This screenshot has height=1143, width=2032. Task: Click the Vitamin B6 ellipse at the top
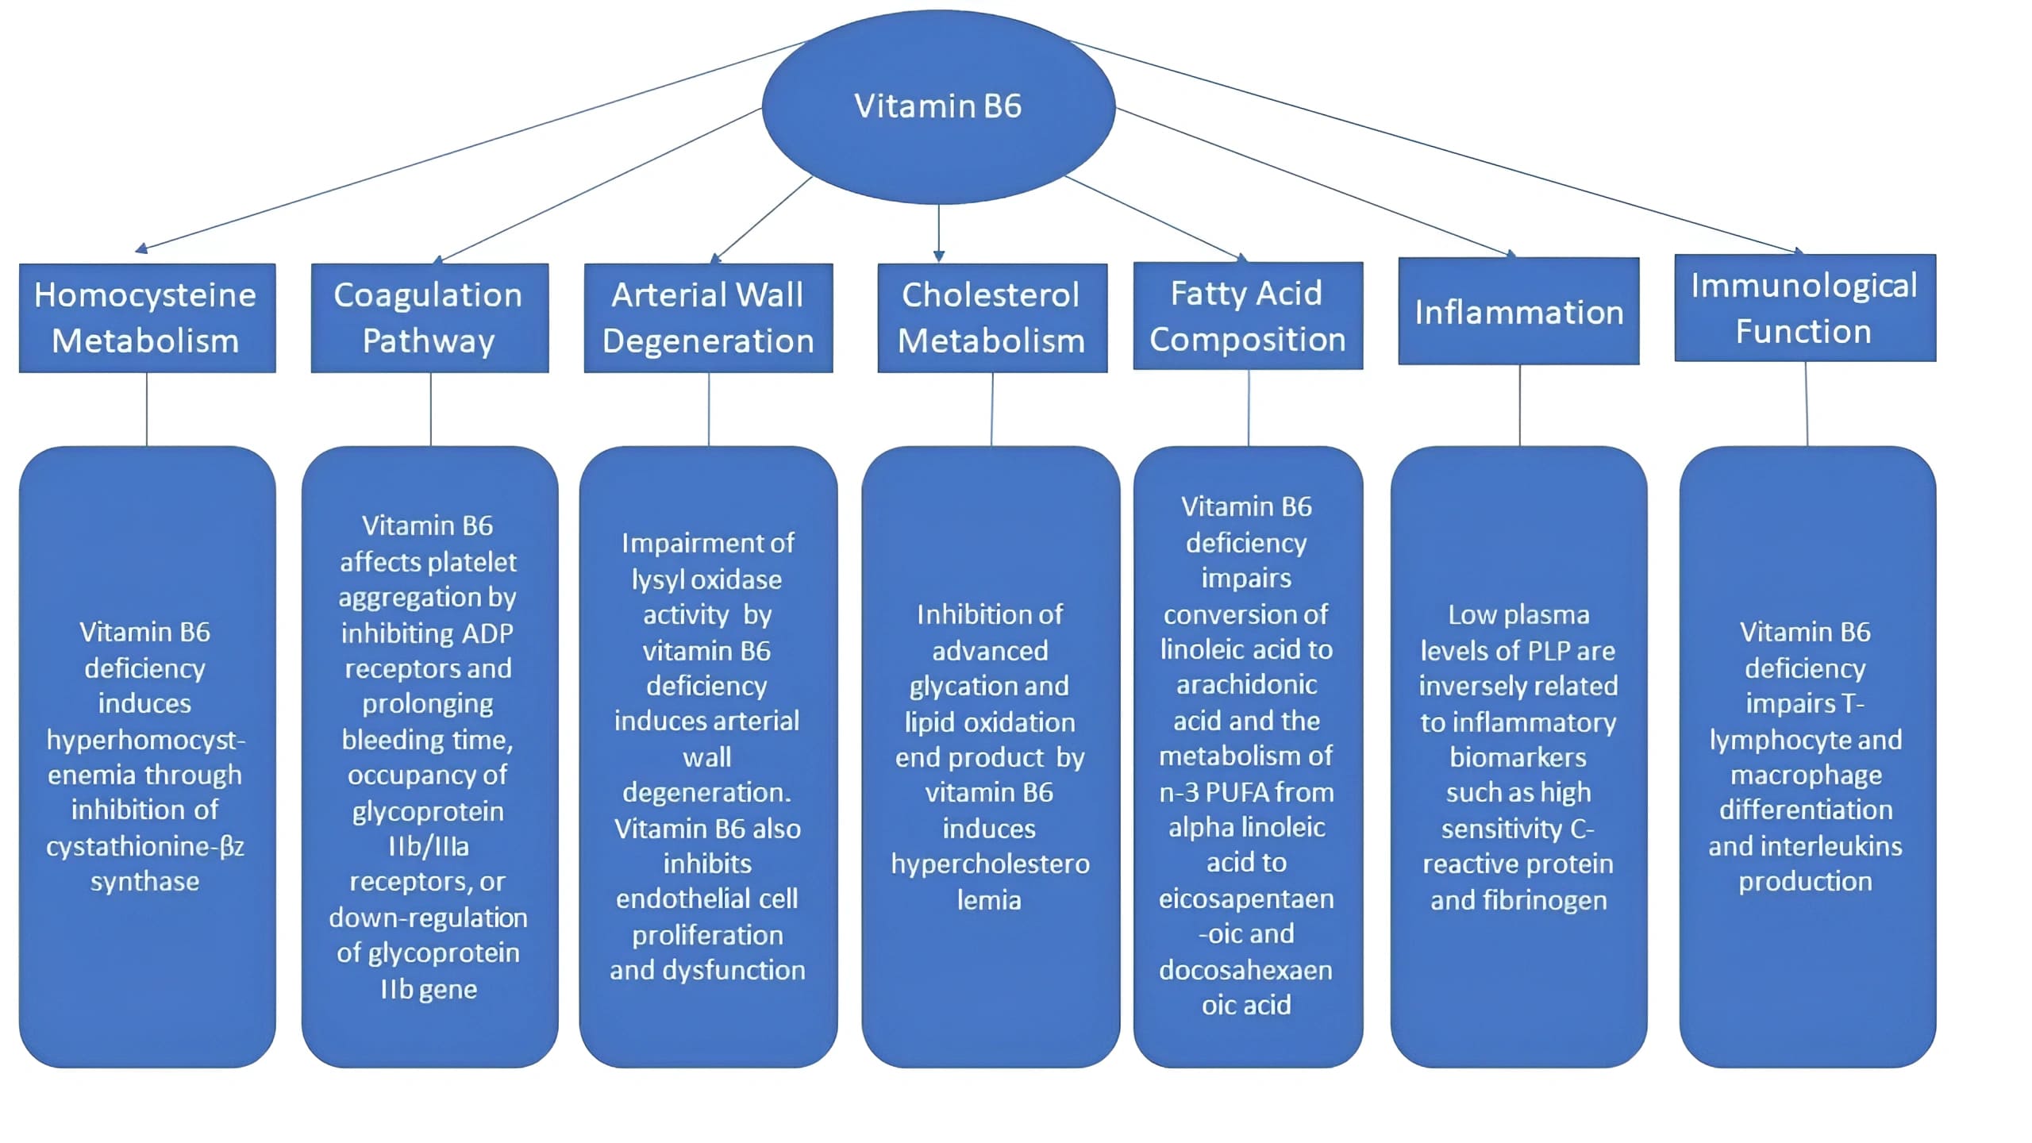tap(938, 106)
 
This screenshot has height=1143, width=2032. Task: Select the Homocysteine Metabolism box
tap(147, 317)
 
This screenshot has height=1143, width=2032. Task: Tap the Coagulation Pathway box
tap(429, 317)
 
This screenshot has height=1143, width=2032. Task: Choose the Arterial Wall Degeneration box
tap(708, 317)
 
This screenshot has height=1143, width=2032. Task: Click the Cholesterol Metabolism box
tap(991, 317)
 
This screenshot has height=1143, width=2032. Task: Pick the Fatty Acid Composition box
tap(1248, 316)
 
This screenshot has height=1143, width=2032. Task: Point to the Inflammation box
tap(1518, 311)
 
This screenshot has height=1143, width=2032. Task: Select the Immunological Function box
tap(1804, 308)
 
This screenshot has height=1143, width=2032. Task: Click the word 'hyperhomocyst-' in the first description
tap(146, 741)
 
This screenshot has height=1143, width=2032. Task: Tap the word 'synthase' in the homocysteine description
tap(144, 882)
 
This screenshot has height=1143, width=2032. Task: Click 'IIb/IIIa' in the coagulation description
tap(429, 847)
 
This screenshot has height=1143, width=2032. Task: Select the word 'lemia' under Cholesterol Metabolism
tap(989, 900)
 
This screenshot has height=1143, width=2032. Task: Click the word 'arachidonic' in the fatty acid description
tap(1246, 685)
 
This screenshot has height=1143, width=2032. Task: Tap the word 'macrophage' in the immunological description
tap(1806, 775)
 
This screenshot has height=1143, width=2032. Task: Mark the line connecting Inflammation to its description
tap(1520, 405)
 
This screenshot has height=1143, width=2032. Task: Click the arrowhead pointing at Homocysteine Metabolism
tap(141, 249)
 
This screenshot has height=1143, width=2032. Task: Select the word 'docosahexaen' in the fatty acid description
tap(1245, 970)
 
